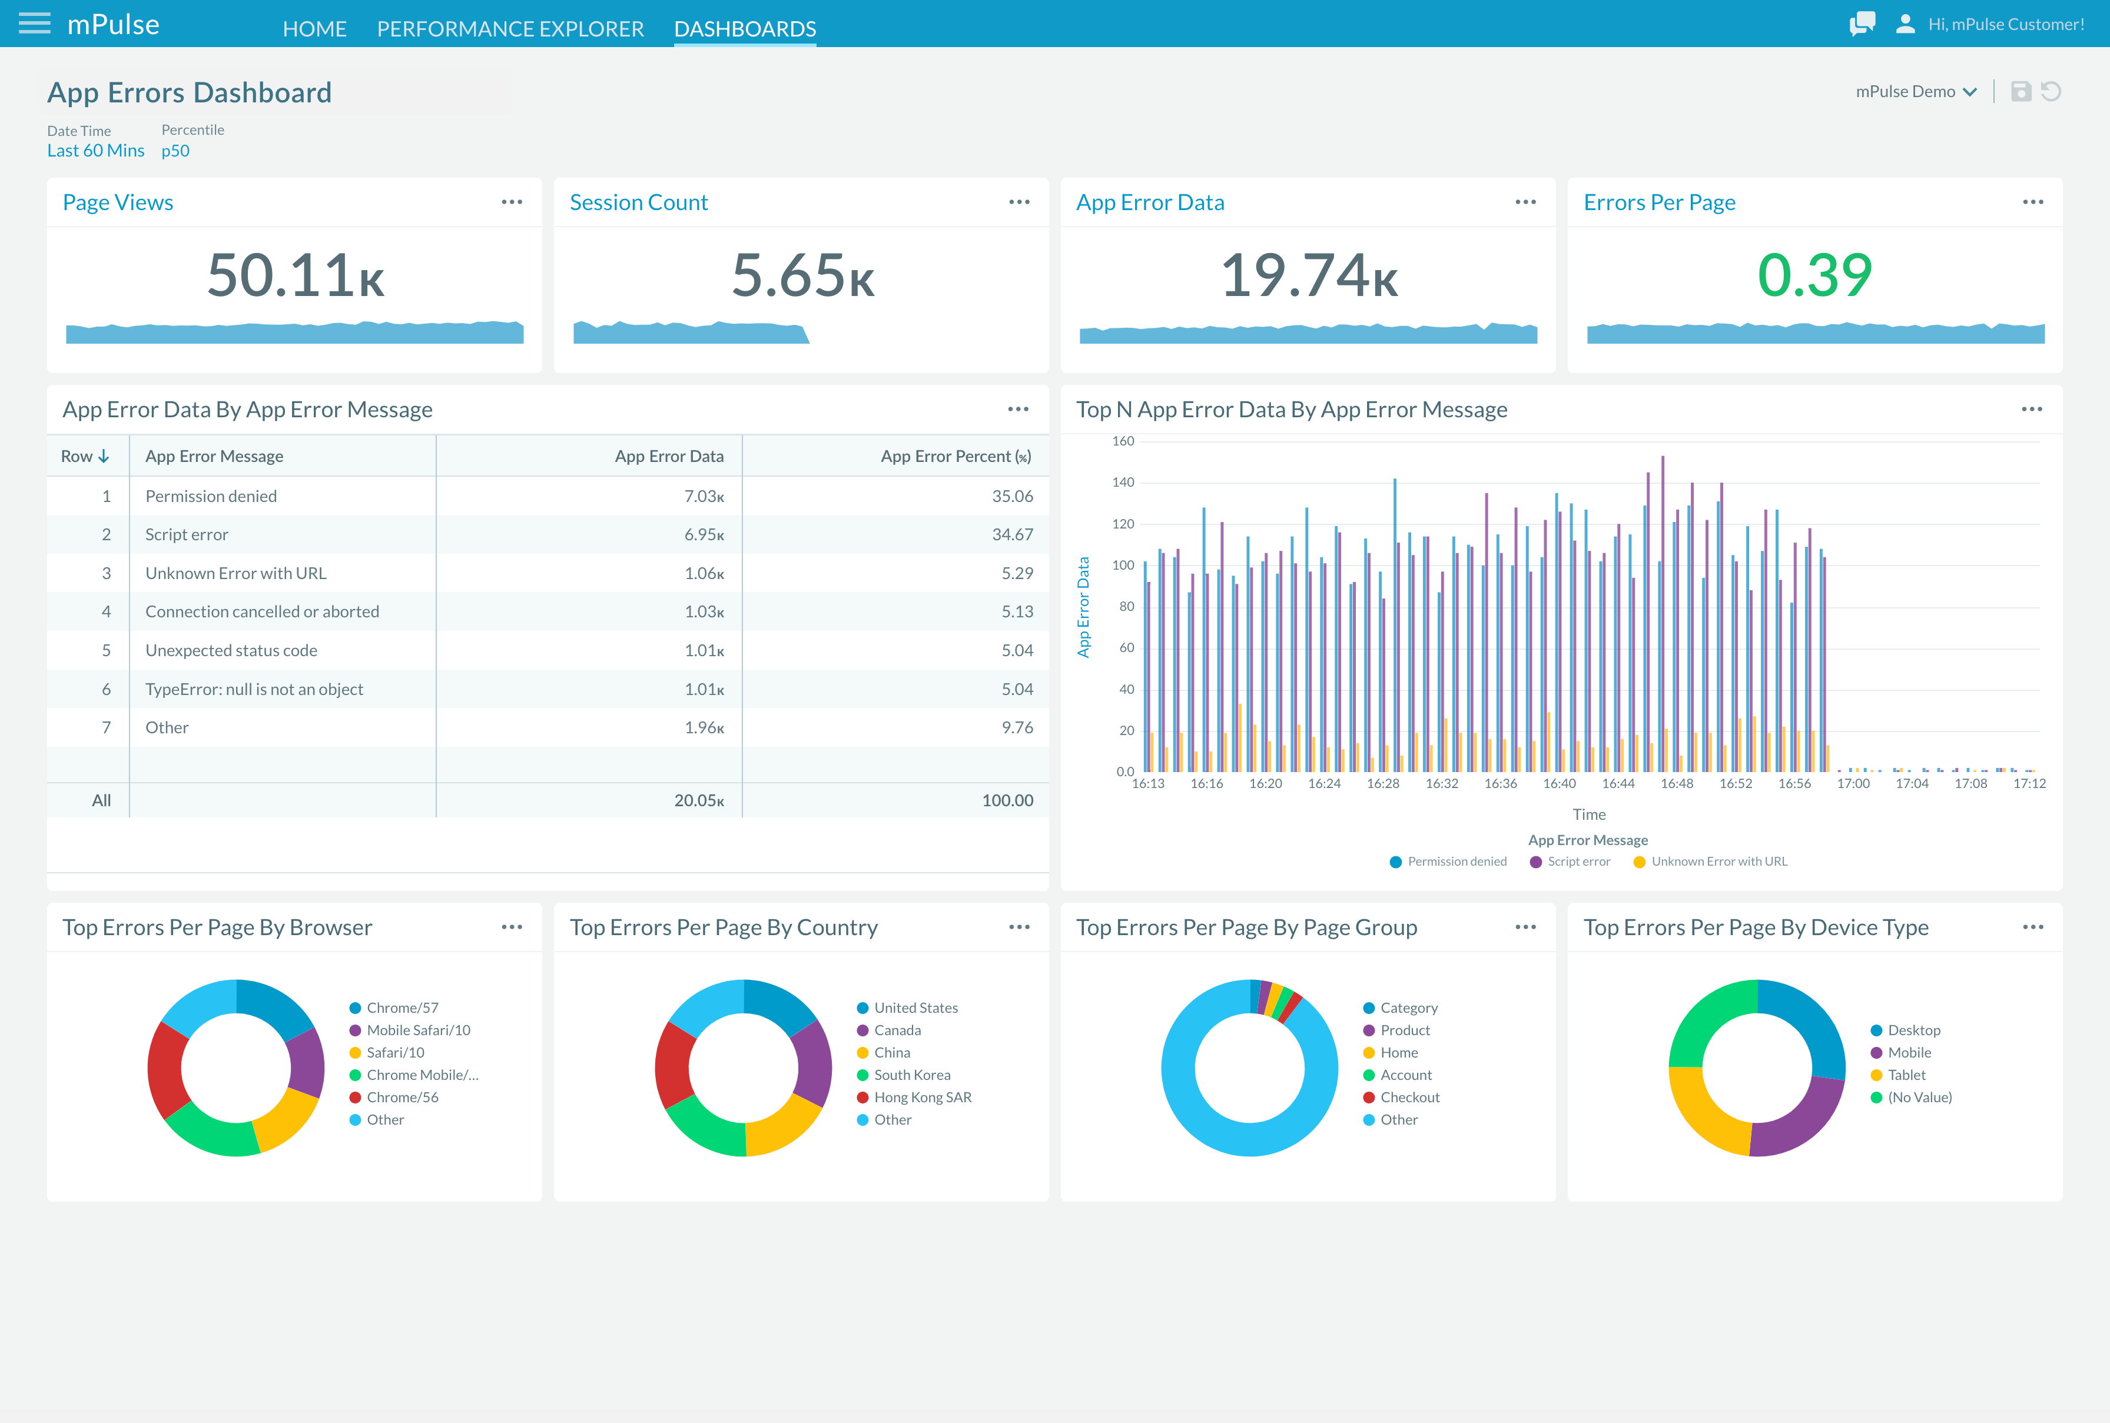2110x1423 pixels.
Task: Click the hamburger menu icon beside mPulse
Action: pos(35,24)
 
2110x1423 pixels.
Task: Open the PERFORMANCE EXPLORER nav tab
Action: pos(510,29)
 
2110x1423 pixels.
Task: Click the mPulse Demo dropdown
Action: pos(1916,92)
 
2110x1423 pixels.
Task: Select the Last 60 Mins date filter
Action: pos(95,151)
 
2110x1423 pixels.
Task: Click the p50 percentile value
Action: pos(175,151)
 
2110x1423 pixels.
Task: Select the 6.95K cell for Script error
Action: pos(704,534)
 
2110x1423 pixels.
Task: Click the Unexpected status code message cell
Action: pos(231,651)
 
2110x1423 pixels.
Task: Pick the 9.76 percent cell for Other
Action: pos(1017,728)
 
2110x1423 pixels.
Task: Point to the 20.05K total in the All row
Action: pos(699,800)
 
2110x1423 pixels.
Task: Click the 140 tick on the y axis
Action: pos(1123,483)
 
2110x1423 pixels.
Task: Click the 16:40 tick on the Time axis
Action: pos(1559,784)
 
